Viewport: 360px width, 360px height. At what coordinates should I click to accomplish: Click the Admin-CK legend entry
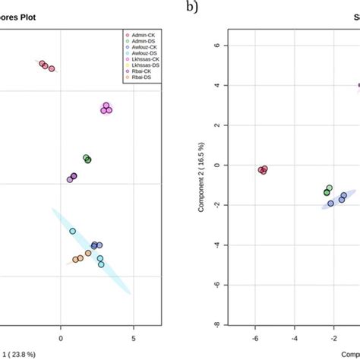pyautogui.click(x=139, y=35)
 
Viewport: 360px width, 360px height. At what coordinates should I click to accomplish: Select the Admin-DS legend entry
pyautogui.click(x=139, y=41)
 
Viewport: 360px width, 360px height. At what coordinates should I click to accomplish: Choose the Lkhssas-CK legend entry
pyautogui.click(x=141, y=59)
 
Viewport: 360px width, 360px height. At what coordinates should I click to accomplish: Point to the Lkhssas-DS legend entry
pyautogui.click(x=141, y=65)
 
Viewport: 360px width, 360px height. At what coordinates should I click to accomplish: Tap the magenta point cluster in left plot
pyautogui.click(x=106, y=109)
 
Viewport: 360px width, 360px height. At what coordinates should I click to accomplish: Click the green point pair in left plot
pyautogui.click(x=87, y=159)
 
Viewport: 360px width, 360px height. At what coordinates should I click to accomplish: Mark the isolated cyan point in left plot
pyautogui.click(x=72, y=231)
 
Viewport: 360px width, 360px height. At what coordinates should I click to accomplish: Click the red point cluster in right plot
pyautogui.click(x=263, y=170)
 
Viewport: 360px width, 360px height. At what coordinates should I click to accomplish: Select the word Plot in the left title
pyautogui.click(x=28, y=16)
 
